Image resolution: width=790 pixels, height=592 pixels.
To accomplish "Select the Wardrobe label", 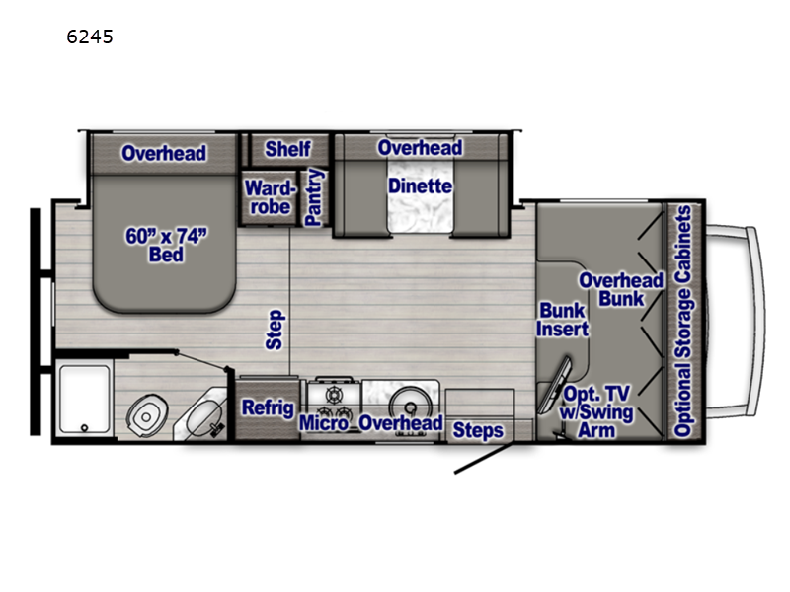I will [267, 196].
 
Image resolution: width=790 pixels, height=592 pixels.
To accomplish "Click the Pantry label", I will [314, 197].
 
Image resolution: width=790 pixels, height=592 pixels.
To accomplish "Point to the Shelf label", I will [287, 149].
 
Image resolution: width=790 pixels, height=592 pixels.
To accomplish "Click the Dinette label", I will [420, 185].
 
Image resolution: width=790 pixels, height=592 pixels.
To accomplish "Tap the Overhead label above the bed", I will [164, 152].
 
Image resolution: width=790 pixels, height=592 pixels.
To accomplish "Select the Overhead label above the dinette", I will [420, 147].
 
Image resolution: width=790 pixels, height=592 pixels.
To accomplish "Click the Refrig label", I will [267, 408].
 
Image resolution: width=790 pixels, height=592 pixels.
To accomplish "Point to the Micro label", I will [325, 423].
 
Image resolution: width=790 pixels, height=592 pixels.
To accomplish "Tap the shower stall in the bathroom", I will [84, 401].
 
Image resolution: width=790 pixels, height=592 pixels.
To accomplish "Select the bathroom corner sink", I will [202, 415].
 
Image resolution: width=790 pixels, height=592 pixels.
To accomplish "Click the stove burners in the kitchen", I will [333, 398].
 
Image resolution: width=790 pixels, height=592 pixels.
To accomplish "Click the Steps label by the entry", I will [478, 430].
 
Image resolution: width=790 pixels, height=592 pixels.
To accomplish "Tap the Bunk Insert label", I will [563, 319].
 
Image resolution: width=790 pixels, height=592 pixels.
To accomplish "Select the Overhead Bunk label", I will [621, 289].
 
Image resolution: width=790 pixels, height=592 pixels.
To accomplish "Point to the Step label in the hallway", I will [274, 331].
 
